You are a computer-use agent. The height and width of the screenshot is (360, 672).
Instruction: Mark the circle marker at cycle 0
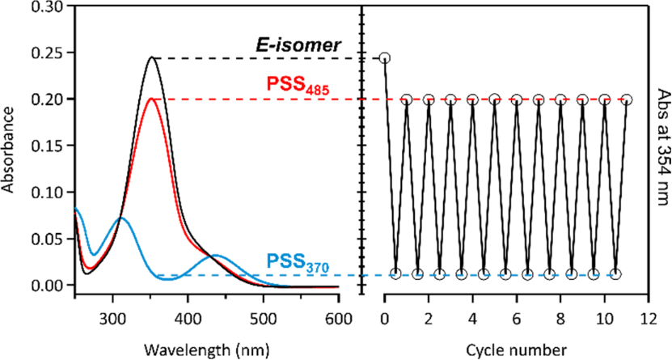385,58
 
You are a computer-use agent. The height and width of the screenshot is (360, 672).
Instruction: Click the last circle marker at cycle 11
627,100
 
